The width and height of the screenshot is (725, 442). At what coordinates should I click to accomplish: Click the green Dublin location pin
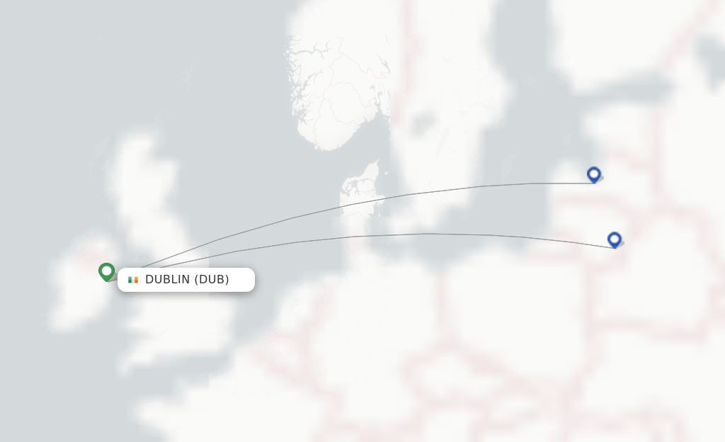point(106,271)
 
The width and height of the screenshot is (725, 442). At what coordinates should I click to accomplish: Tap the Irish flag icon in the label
point(132,280)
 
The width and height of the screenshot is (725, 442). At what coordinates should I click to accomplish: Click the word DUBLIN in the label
point(168,280)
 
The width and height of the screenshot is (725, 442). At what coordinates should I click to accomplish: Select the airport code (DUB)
point(212,280)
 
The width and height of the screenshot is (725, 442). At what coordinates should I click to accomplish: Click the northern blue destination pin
point(593,174)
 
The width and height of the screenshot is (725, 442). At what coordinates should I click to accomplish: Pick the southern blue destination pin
point(614,239)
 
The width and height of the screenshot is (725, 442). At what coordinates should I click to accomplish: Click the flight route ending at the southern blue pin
point(425,234)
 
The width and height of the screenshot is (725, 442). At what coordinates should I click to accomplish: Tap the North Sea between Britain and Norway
point(241,156)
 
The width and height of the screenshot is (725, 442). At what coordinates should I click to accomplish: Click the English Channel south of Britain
point(177,382)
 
